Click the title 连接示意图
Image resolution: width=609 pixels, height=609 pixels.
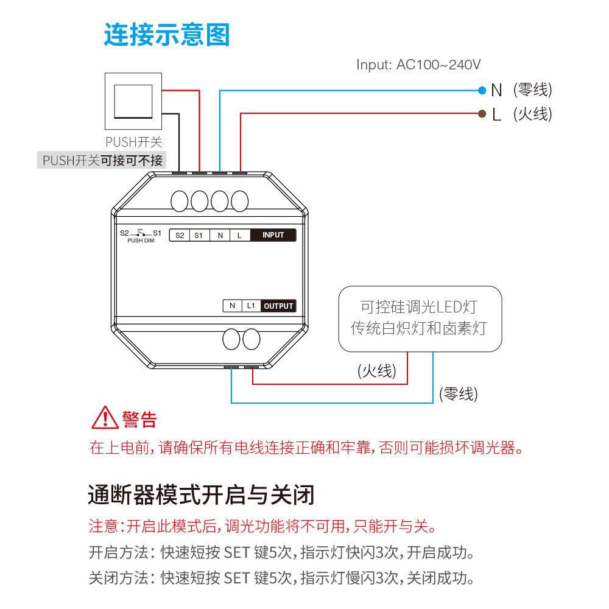(166, 35)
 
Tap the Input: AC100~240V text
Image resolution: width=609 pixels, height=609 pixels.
(418, 65)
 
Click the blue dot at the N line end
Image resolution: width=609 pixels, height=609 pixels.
(482, 91)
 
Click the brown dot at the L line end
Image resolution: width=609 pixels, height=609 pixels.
(482, 113)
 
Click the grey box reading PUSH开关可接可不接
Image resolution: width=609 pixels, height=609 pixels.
(102, 161)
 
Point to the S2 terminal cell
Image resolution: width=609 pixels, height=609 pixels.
(179, 235)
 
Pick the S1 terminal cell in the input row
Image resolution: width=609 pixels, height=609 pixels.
(199, 235)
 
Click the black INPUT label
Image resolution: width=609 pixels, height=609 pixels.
(273, 235)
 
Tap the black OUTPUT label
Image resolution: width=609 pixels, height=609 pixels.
(278, 306)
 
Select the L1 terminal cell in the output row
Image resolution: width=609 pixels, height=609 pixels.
(251, 306)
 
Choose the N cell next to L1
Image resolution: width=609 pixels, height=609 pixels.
(232, 306)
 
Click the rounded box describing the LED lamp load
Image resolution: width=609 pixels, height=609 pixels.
(420, 318)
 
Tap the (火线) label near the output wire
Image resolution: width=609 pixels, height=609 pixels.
(376, 371)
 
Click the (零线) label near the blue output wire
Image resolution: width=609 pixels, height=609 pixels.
(458, 394)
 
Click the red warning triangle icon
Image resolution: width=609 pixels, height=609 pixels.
(104, 419)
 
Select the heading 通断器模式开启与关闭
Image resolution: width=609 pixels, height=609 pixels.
(201, 495)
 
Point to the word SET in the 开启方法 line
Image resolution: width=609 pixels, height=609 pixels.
(237, 553)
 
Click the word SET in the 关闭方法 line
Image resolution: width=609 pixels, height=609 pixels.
(237, 577)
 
